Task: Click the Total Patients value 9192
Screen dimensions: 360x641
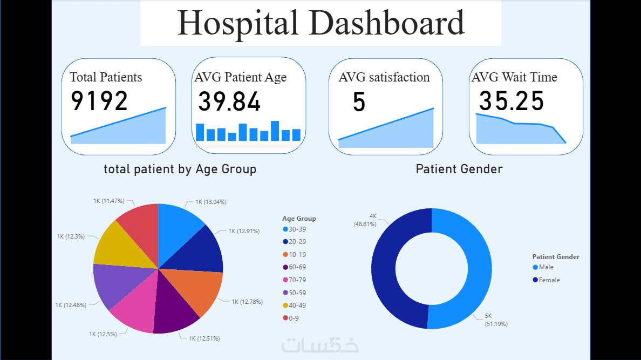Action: [x=99, y=101]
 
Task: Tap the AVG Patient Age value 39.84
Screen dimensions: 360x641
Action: [x=229, y=101]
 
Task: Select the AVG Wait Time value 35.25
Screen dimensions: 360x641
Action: [x=512, y=101]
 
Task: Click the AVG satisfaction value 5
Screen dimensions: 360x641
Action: [x=359, y=102]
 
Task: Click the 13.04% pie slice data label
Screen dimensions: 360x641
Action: [x=210, y=202]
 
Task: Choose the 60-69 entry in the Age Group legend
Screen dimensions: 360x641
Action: [x=298, y=267]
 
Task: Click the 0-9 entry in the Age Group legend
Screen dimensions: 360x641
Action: [x=294, y=318]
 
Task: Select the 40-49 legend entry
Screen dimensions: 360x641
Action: [x=298, y=305]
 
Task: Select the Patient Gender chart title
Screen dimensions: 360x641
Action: [x=459, y=169]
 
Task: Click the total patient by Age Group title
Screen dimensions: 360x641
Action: [x=180, y=169]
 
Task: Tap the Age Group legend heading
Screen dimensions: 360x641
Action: [x=299, y=219]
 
